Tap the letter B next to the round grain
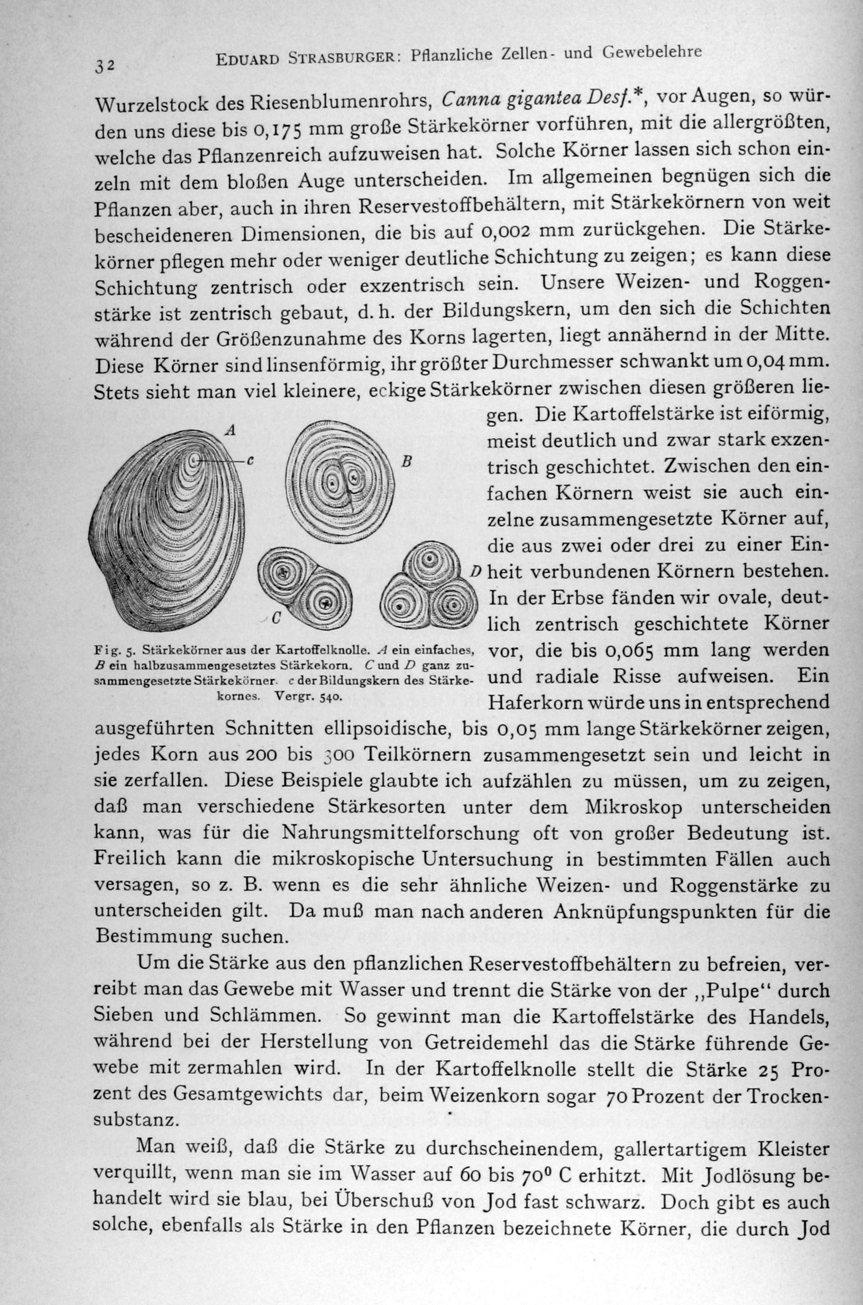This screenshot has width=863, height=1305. pos(407,462)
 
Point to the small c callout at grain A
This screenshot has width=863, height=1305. pos(249,461)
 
